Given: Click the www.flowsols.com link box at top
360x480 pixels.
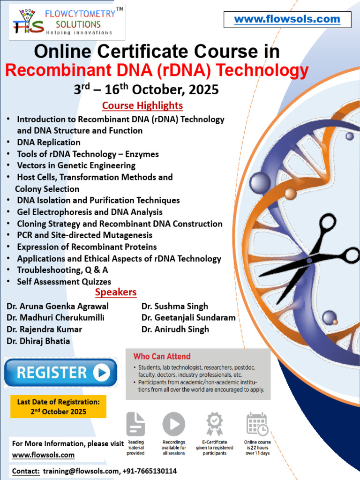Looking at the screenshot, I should (287, 20).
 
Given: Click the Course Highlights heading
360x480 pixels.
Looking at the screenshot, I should (142, 105).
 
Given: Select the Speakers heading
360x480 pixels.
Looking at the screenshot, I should (116, 292).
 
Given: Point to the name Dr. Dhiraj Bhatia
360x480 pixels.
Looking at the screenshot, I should (38, 341).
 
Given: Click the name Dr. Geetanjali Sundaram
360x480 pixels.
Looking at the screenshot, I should (188, 318).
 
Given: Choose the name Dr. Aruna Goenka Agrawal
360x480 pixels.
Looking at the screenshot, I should (58, 307).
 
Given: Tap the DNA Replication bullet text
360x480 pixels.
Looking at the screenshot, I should (49, 142).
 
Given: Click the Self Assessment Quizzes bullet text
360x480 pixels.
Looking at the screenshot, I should (64, 282).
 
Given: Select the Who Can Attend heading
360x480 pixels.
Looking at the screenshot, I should (162, 357).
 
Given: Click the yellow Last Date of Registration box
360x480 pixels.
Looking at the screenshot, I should (59, 407).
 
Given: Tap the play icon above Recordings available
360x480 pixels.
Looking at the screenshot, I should (173, 424).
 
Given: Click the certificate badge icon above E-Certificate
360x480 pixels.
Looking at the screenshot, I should (215, 424).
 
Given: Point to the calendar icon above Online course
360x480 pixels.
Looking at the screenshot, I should (257, 424).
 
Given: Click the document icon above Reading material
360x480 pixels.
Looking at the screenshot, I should (135, 424).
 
